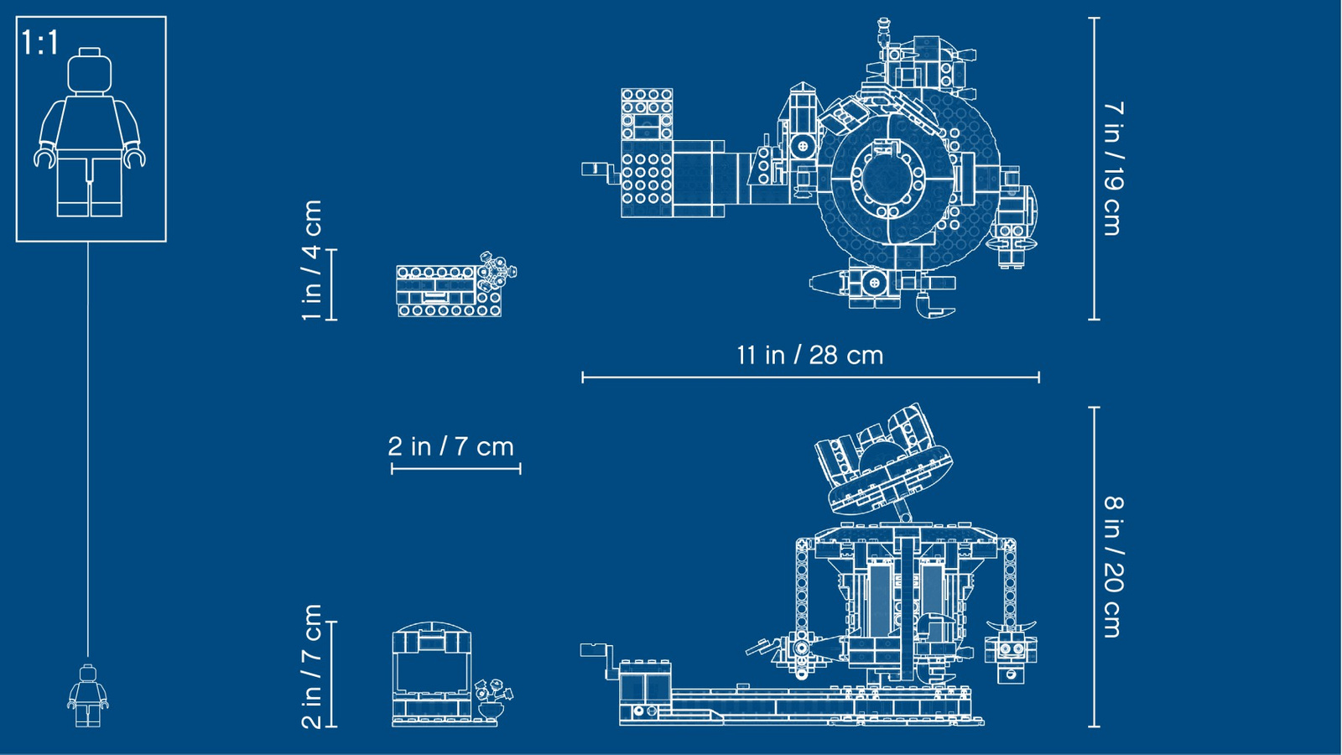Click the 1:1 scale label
pyautogui.click(x=39, y=43)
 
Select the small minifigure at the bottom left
pyautogui.click(x=88, y=695)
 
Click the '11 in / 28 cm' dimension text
pyautogui.click(x=810, y=356)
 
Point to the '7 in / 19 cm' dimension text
pyautogui.click(x=1113, y=169)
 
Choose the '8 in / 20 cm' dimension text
pyautogui.click(x=1113, y=567)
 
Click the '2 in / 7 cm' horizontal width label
pyautogui.click(x=450, y=446)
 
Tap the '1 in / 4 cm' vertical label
pyautogui.click(x=312, y=261)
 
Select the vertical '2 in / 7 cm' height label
pyautogui.click(x=312, y=667)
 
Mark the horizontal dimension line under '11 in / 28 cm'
pyautogui.click(x=810, y=377)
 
